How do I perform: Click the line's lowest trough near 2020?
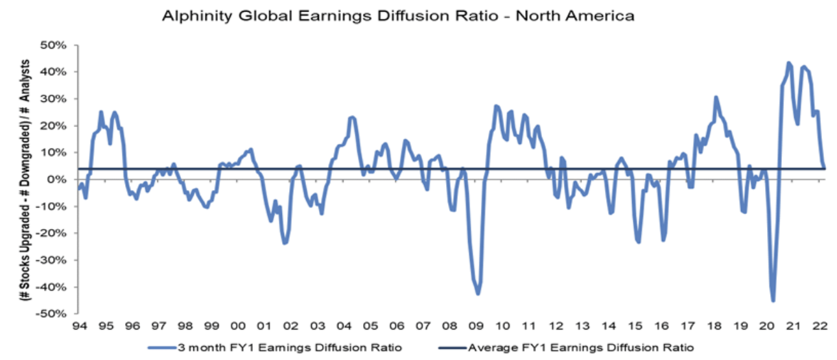coord(773,300)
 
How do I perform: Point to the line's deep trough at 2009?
coord(478,294)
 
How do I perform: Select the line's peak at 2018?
coord(716,98)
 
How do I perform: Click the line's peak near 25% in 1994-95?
coord(100,112)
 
